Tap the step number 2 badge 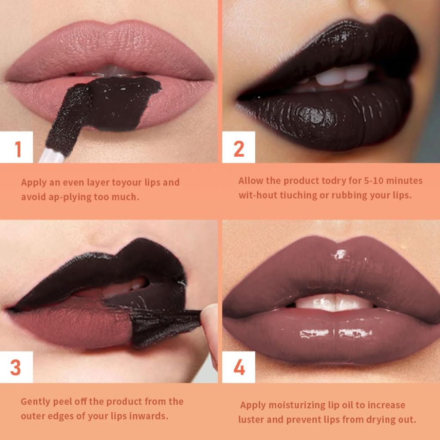(239, 149)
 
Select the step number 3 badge (16, 368)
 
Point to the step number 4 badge (239, 368)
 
